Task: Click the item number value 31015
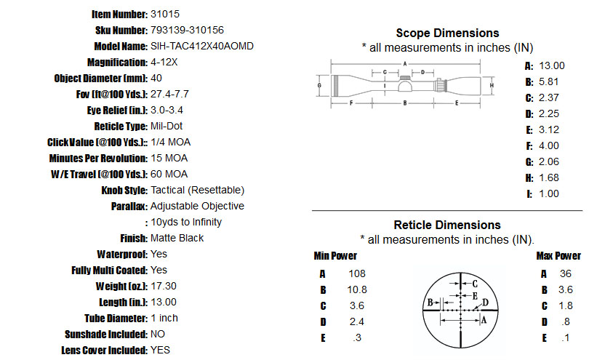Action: [x=165, y=15]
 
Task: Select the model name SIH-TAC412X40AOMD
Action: [x=202, y=47]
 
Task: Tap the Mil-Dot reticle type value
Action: [x=167, y=127]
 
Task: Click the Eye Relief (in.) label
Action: [x=117, y=111]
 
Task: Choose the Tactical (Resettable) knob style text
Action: [x=198, y=191]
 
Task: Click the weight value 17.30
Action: [x=164, y=287]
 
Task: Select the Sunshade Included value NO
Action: [x=158, y=335]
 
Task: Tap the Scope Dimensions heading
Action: [x=447, y=33]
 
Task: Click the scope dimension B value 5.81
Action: [x=549, y=82]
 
